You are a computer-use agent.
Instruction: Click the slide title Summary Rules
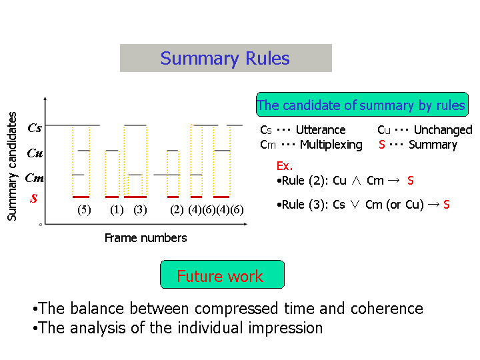(x=225, y=58)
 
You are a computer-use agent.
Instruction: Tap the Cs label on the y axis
(x=35, y=127)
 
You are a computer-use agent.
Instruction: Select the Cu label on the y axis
(x=35, y=153)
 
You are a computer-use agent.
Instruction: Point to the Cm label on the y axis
(x=34, y=177)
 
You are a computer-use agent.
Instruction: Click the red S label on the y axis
(x=34, y=199)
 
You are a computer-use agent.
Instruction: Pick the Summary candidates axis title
(x=12, y=166)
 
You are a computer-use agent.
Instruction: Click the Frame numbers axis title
(x=146, y=238)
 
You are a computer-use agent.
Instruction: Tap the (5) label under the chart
(x=84, y=210)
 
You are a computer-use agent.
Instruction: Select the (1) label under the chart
(x=117, y=210)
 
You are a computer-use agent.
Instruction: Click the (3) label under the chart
(x=140, y=210)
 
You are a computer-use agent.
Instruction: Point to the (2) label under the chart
(x=177, y=210)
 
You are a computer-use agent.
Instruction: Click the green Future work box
(x=222, y=274)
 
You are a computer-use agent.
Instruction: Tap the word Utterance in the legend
(x=321, y=130)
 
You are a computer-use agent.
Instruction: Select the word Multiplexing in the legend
(x=331, y=145)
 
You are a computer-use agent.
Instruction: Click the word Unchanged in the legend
(x=443, y=130)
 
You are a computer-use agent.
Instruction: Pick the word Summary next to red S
(x=433, y=145)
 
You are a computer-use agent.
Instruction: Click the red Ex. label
(x=285, y=166)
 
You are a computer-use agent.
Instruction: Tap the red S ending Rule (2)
(x=411, y=181)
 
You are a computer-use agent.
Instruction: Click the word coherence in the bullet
(x=387, y=309)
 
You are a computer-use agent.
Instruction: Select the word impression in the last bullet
(x=285, y=329)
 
